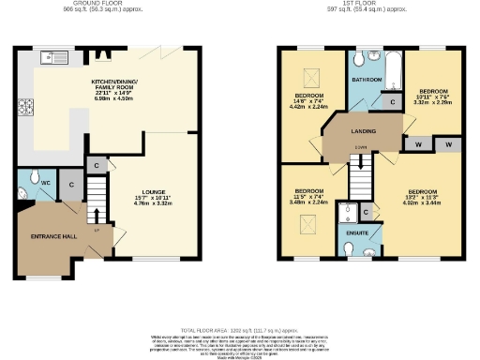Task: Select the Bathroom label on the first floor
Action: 367,80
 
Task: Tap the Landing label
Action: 364,131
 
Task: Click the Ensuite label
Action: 357,231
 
